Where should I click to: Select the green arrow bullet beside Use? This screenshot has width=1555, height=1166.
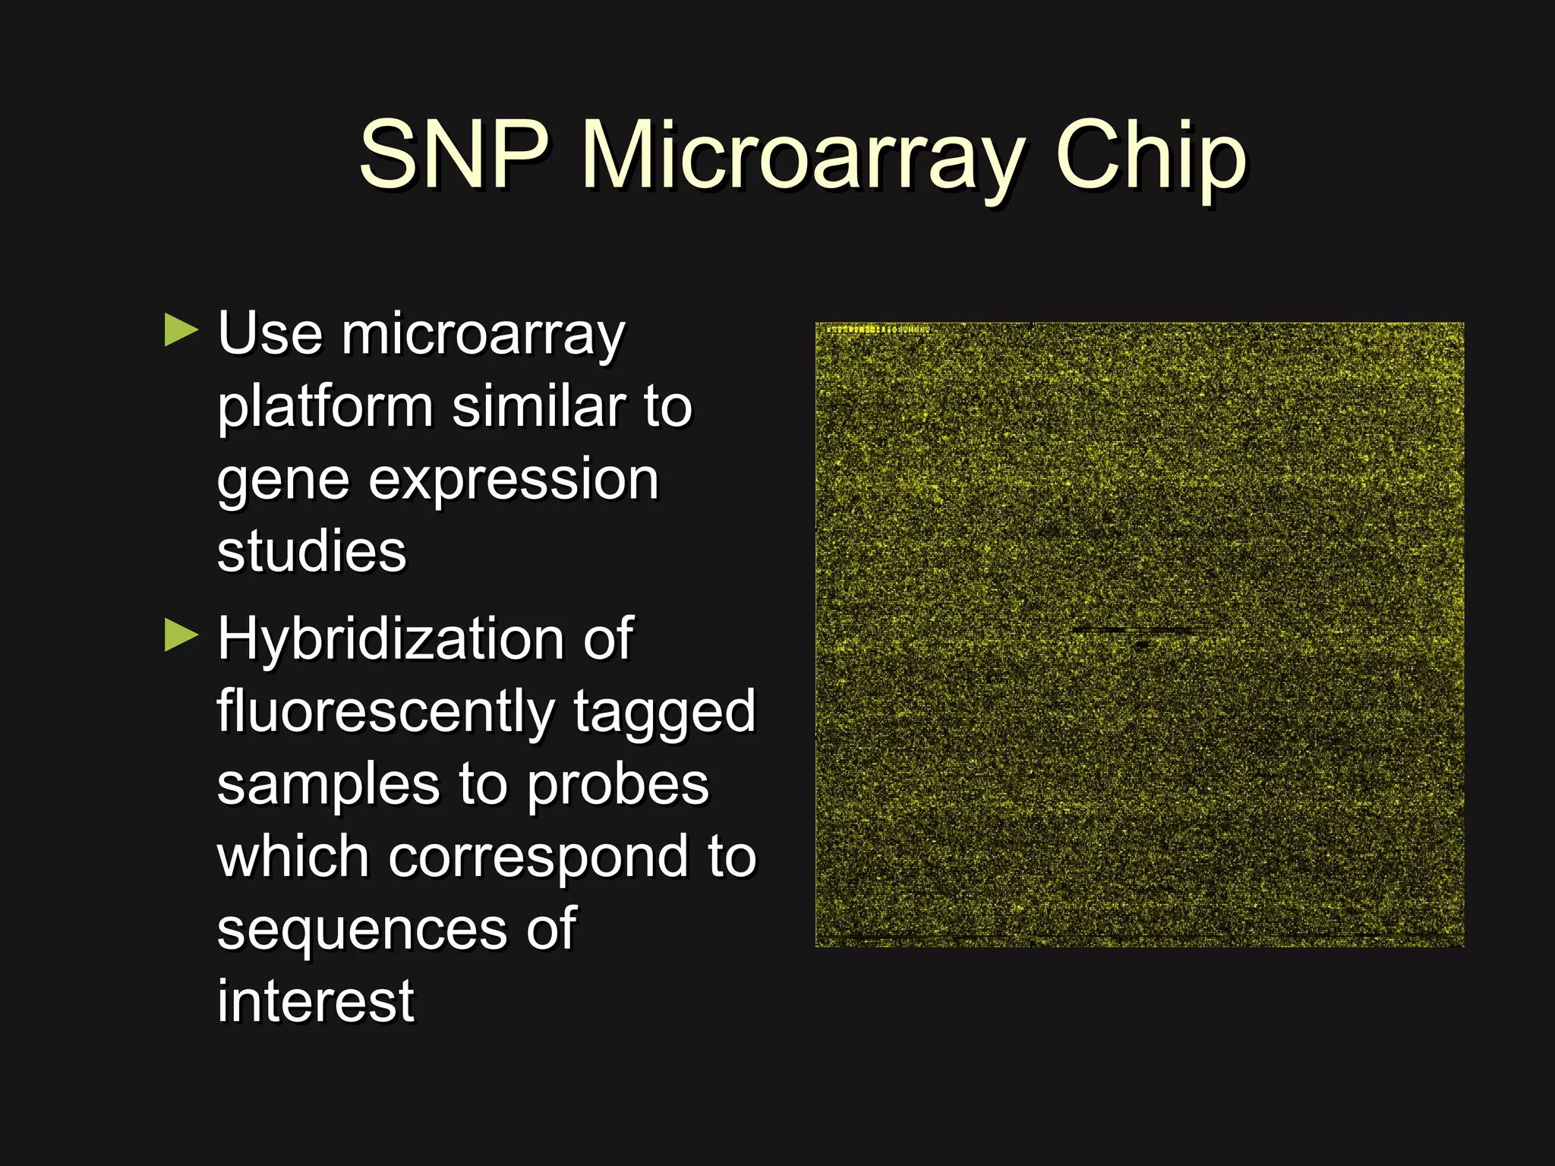coord(181,331)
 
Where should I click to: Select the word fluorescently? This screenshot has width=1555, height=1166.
coord(386,712)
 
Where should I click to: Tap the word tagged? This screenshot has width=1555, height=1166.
coord(664,712)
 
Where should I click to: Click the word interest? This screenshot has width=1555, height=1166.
coord(316,1001)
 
